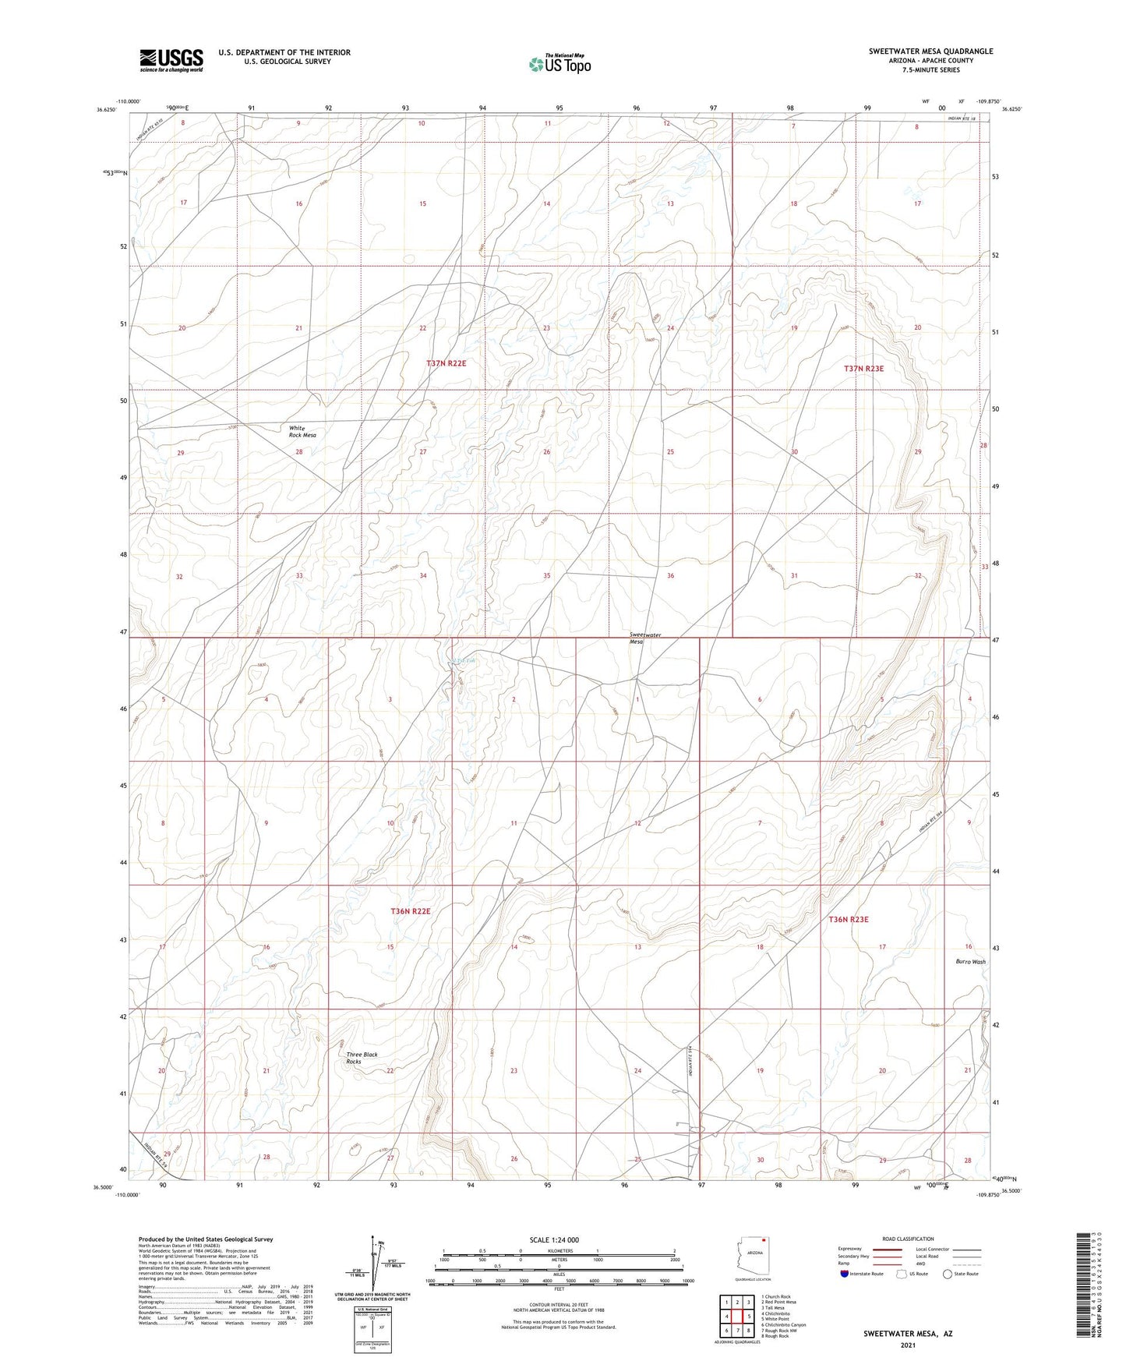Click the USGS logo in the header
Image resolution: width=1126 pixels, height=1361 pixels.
point(171,59)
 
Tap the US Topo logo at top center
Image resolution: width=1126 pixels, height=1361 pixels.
point(559,63)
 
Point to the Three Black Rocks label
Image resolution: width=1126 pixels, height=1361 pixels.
point(362,1058)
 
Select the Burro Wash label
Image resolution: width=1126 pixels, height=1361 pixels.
point(970,962)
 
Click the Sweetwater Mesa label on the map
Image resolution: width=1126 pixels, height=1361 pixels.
point(645,638)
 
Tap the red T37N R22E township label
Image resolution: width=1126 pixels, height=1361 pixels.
point(446,363)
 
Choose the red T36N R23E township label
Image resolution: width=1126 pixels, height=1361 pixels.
point(848,919)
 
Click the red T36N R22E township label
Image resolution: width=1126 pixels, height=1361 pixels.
point(410,910)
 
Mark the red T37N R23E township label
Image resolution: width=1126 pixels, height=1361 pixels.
point(864,368)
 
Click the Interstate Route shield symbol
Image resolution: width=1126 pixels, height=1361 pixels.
point(845,1274)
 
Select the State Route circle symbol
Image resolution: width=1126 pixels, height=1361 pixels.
point(947,1274)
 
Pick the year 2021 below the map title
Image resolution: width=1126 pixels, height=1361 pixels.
point(907,1345)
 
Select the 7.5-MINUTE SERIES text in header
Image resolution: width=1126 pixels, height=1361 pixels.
point(930,69)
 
